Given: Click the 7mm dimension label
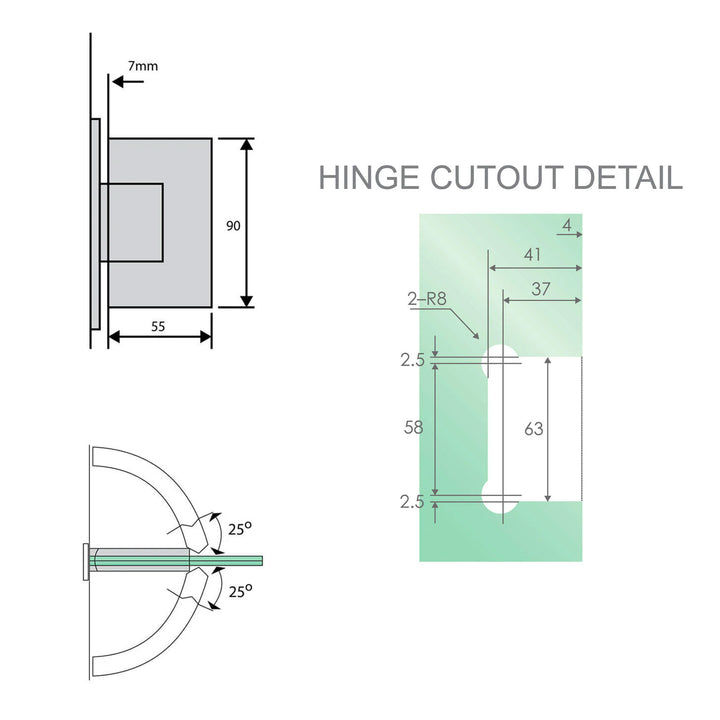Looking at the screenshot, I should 143,66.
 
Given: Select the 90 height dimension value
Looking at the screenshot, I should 232,226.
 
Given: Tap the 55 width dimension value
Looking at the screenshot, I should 158,324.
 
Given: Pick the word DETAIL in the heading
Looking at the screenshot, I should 627,178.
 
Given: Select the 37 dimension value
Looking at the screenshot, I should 540,289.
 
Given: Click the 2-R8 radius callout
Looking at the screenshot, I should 427,298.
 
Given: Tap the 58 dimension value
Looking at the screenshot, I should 413,427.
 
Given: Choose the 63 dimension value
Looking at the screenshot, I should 534,429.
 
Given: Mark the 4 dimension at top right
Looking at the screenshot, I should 566,227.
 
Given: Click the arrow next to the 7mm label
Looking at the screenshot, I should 128,84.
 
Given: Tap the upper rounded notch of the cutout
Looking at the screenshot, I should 499,361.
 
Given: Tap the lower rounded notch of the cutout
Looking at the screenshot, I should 499,497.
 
